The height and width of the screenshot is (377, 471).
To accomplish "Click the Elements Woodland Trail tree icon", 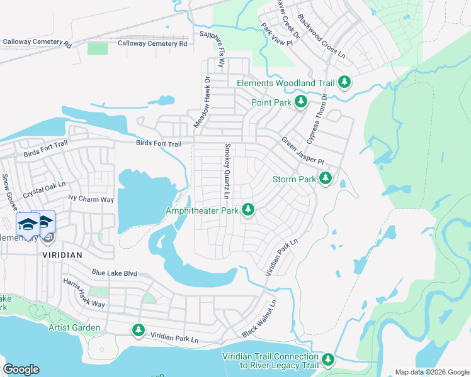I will pos(344,82).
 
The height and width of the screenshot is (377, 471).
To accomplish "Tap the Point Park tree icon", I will pos(301,102).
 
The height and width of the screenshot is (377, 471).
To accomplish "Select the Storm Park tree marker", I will pos(325,179).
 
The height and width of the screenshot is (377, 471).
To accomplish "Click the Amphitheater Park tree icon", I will pos(249,210).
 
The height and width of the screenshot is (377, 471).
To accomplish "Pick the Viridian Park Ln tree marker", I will pos(139,330).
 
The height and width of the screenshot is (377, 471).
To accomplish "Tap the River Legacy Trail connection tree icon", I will pos(327,360).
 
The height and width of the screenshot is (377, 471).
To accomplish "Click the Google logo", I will pos(21,369).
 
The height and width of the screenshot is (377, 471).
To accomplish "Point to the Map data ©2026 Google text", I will pos(431,372).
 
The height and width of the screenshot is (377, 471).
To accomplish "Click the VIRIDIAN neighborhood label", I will pos(62,255).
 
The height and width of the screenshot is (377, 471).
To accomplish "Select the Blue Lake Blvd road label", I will pos(114,273).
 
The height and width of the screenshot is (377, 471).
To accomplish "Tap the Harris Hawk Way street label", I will pos(84,293).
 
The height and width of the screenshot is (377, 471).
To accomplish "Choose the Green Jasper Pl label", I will pos(302,150).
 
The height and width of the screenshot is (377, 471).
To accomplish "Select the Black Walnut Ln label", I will pos(260,318).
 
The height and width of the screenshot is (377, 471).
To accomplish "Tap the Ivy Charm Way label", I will pos(91,199).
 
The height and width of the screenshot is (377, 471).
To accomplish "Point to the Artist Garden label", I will pos(74,328).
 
